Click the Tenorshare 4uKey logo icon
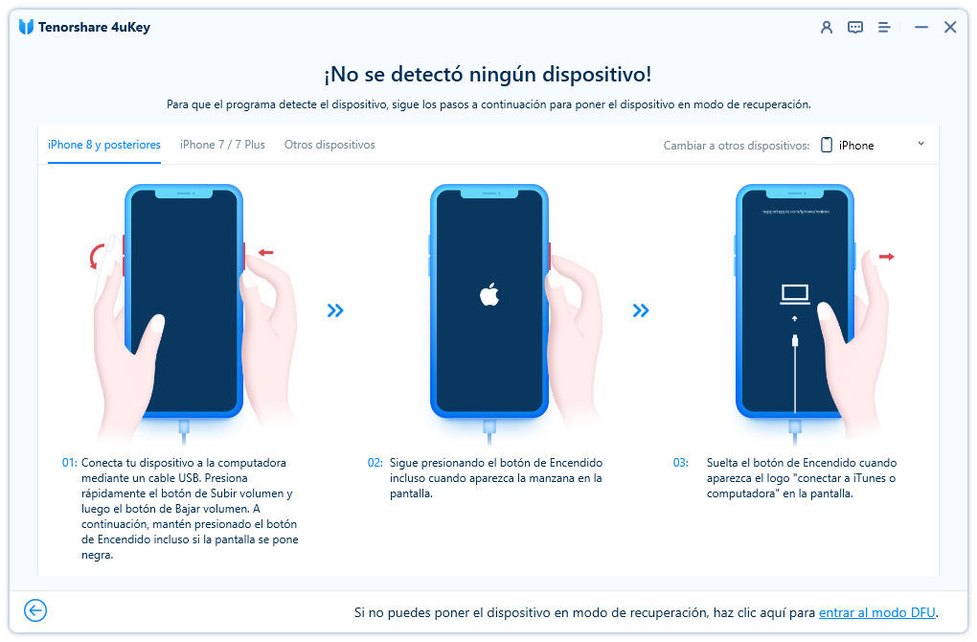coord(26,27)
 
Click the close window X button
coord(949,28)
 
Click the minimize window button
coord(920,28)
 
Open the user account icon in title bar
coord(827,28)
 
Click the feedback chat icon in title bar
coord(855,28)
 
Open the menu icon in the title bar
coord(884,28)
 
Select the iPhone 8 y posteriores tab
coord(104,145)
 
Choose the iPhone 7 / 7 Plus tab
coord(222,145)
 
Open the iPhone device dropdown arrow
coord(920,144)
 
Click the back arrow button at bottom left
coord(35,610)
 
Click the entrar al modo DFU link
coord(877,612)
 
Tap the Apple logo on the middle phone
coord(489,294)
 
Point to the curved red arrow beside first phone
coord(96,256)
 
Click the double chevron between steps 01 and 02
coord(335,310)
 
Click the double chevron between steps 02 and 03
coord(641,310)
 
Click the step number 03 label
coord(680,463)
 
